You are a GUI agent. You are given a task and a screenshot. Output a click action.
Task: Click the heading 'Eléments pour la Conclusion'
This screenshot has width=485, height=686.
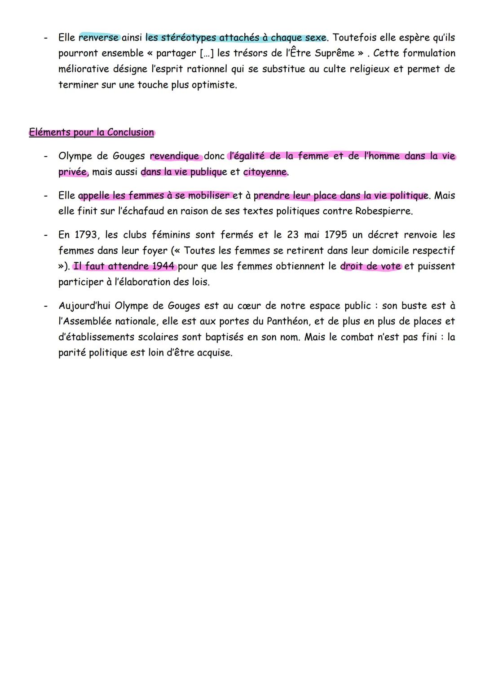coord(92,132)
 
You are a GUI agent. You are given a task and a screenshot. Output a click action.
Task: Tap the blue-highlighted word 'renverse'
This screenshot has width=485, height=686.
coord(99,37)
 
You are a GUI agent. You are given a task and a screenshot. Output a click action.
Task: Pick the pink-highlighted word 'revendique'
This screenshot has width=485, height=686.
coord(174,156)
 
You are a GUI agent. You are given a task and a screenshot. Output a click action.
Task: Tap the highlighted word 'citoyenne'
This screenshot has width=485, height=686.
coord(265,172)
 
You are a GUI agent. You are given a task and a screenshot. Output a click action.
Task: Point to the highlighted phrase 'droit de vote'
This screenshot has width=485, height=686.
coord(370,266)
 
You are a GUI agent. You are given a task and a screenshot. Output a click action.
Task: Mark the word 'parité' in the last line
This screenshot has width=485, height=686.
coord(72,353)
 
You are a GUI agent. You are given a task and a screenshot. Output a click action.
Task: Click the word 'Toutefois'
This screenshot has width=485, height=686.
coord(355,37)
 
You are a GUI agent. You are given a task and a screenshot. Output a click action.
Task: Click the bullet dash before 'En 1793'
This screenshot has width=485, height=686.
coord(46,235)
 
